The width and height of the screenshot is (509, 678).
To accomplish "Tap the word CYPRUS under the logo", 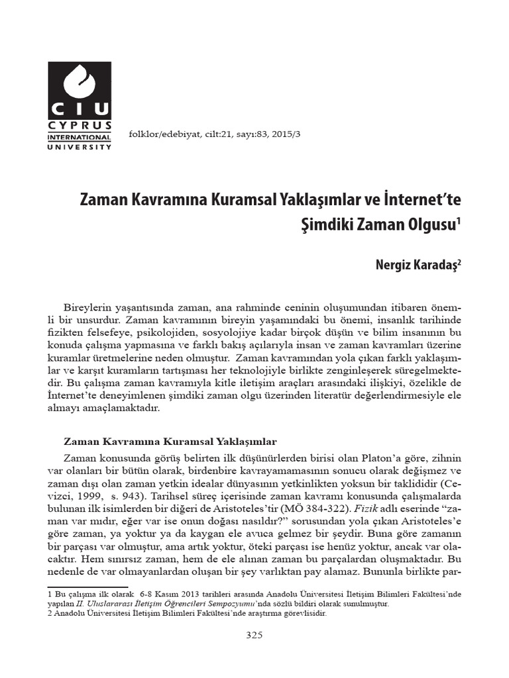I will pos(80,124).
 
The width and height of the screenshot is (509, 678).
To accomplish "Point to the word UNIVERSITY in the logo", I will pos(80,146).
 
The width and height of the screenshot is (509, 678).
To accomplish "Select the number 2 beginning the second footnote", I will pos(50,613).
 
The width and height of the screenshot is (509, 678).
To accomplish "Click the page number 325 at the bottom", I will pos(254,635).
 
